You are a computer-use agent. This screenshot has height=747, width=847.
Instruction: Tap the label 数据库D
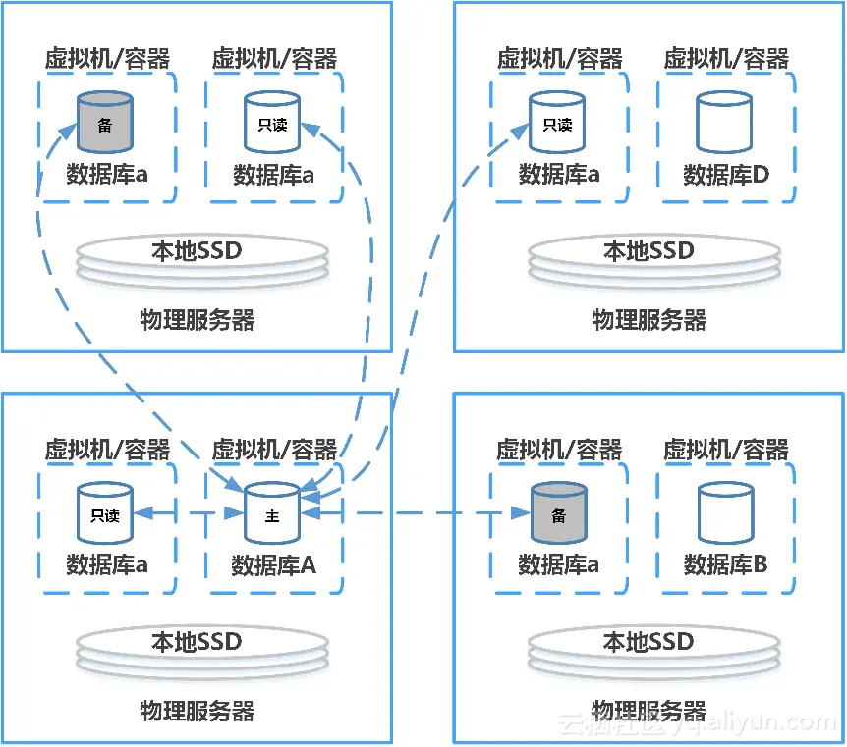(726, 175)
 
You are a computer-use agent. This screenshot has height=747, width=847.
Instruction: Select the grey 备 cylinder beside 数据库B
(558, 512)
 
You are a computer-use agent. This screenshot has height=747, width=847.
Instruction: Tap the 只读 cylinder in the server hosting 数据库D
(557, 122)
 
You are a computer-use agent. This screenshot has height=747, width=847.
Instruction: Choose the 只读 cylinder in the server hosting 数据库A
(105, 512)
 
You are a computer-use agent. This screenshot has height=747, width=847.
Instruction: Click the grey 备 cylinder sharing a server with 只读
(105, 122)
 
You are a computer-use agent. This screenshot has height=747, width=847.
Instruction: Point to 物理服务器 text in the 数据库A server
(197, 711)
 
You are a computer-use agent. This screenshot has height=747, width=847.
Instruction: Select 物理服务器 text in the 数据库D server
(649, 320)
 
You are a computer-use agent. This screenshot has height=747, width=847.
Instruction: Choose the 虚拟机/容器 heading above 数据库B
(726, 451)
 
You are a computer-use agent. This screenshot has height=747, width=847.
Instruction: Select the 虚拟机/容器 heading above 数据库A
(274, 451)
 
